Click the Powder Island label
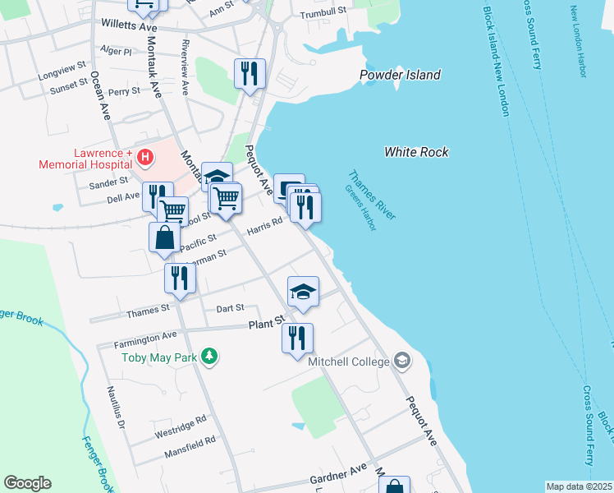click(400, 76)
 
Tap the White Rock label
click(417, 152)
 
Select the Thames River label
click(372, 195)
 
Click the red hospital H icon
click(145, 155)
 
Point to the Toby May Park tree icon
click(211, 356)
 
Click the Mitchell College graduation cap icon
click(402, 361)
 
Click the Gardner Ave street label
click(338, 473)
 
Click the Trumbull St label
click(323, 13)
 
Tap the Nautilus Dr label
click(115, 408)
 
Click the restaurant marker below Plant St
click(297, 339)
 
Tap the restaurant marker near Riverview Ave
click(249, 73)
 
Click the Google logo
click(27, 483)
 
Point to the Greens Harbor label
click(360, 207)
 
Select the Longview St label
click(62, 71)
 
